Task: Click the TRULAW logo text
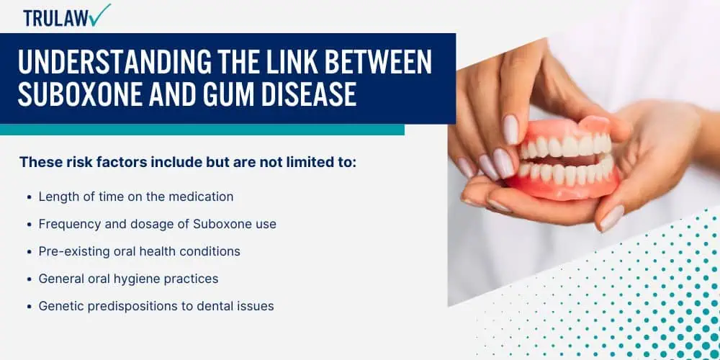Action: (x=56, y=18)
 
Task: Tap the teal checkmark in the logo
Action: (x=99, y=14)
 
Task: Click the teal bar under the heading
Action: (x=202, y=130)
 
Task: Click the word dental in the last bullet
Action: (x=218, y=306)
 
